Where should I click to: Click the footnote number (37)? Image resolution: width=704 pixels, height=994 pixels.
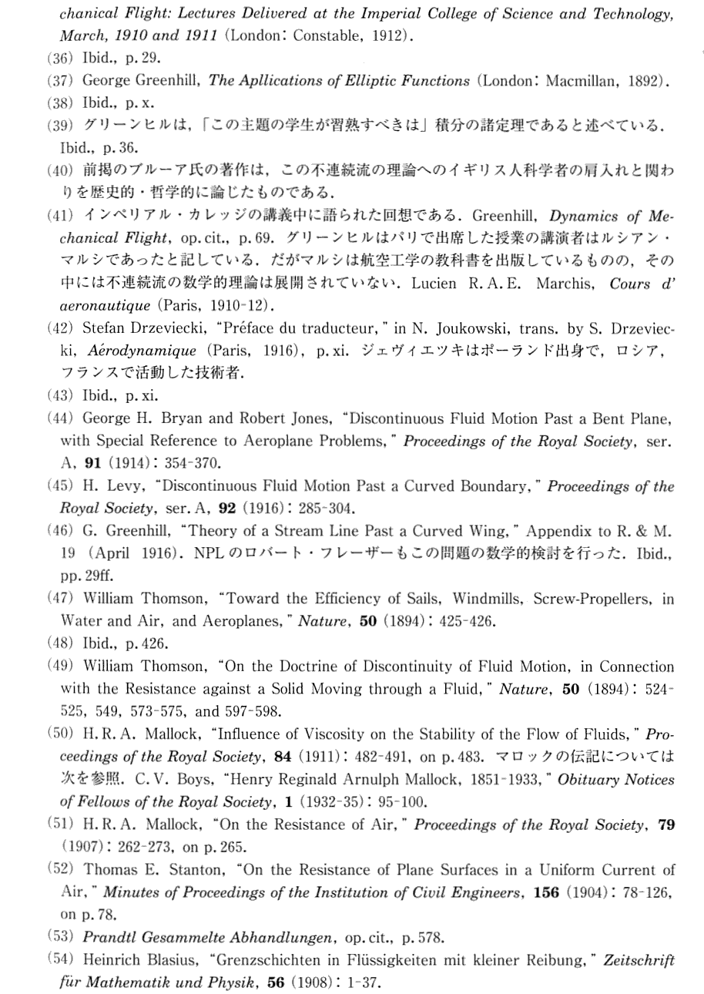[x=60, y=81]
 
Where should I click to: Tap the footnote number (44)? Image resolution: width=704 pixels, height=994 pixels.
[x=60, y=420]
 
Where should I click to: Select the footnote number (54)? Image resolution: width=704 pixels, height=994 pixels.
[x=60, y=960]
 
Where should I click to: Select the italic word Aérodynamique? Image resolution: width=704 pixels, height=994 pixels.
[x=130, y=348]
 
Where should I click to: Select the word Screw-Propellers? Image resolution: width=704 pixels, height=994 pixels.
[x=582, y=598]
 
